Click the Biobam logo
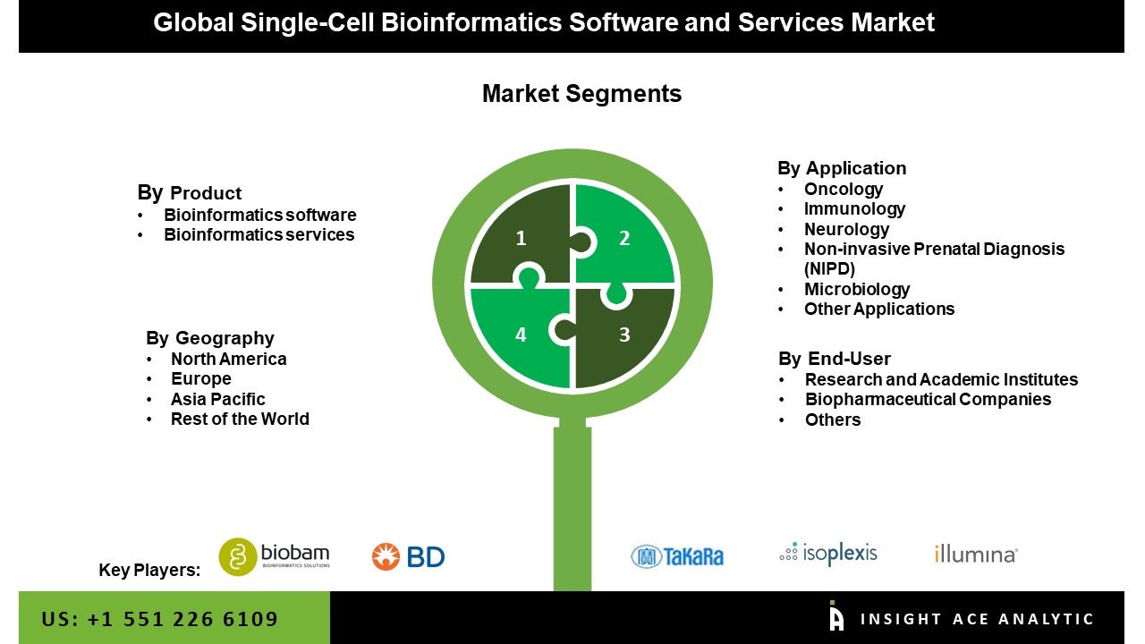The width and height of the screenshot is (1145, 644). pyautogui.click(x=275, y=555)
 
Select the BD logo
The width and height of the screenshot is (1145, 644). pyautogui.click(x=409, y=556)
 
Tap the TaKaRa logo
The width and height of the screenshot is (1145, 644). pyautogui.click(x=677, y=555)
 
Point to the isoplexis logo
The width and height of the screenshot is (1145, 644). pyautogui.click(x=828, y=554)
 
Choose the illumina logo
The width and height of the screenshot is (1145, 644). pyautogui.click(x=976, y=555)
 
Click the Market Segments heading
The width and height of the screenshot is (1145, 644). pyautogui.click(x=581, y=94)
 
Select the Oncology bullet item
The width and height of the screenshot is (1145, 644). pyautogui.click(x=843, y=189)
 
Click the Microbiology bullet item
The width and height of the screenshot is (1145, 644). pyautogui.click(x=856, y=289)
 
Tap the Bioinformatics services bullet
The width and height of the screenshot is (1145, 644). pyautogui.click(x=259, y=234)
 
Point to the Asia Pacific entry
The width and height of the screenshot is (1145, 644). pyautogui.click(x=217, y=399)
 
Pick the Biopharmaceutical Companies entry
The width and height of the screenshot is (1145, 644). pyautogui.click(x=928, y=399)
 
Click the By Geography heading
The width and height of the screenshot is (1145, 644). pyautogui.click(x=210, y=338)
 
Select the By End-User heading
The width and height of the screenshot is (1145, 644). pyautogui.click(x=835, y=359)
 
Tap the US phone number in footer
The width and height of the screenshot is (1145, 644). pyautogui.click(x=160, y=619)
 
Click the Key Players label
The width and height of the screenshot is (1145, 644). pyautogui.click(x=149, y=571)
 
